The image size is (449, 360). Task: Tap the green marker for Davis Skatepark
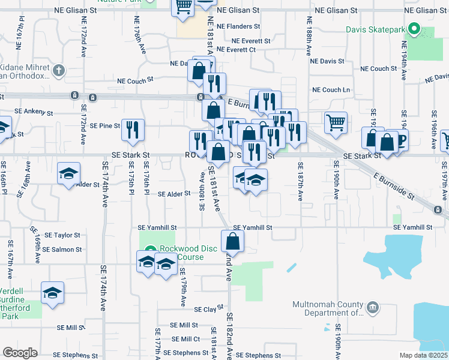[414, 28]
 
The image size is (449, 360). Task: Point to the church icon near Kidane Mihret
[58, 71]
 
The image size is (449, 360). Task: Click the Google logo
[20, 353]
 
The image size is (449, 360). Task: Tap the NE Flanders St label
[238, 26]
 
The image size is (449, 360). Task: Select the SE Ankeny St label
[34, 112]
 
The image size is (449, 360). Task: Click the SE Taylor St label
[62, 236]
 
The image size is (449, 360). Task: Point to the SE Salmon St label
[62, 250]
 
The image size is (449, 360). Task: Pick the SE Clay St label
[205, 310]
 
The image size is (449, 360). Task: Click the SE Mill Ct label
[185, 339]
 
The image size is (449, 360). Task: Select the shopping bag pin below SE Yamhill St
[232, 242]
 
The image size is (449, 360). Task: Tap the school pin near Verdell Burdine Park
[52, 293]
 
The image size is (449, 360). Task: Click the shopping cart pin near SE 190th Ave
[336, 122]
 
